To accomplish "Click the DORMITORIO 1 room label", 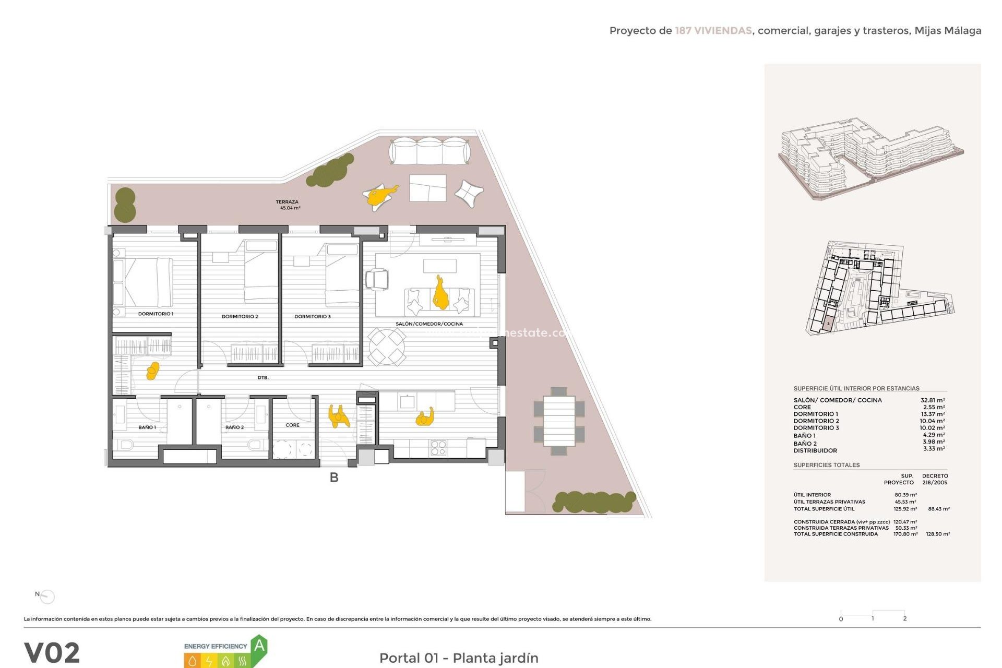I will click(x=156, y=314).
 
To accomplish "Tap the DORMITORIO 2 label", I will click(x=240, y=316).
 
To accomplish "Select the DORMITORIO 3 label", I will click(x=312, y=316).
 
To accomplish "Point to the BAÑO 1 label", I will click(x=147, y=427).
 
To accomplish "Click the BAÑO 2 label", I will click(x=234, y=427).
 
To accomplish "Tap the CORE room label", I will click(x=292, y=425).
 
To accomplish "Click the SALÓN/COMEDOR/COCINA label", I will click(x=429, y=324).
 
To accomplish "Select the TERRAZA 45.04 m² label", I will click(x=288, y=205).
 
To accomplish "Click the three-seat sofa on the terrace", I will click(x=430, y=151).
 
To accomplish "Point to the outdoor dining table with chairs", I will click(x=559, y=421).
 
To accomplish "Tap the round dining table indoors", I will click(x=387, y=346).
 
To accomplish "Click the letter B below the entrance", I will click(x=334, y=477).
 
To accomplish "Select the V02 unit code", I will click(x=52, y=652).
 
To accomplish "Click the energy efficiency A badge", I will click(x=259, y=647).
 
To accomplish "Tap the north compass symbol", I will click(x=46, y=596).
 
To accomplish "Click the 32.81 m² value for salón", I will click(x=932, y=400).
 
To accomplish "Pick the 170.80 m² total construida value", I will click(x=905, y=534).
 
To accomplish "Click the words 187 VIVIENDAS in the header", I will click(x=713, y=31).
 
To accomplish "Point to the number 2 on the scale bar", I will click(x=904, y=618).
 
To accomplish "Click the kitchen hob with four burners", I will click(x=438, y=448).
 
